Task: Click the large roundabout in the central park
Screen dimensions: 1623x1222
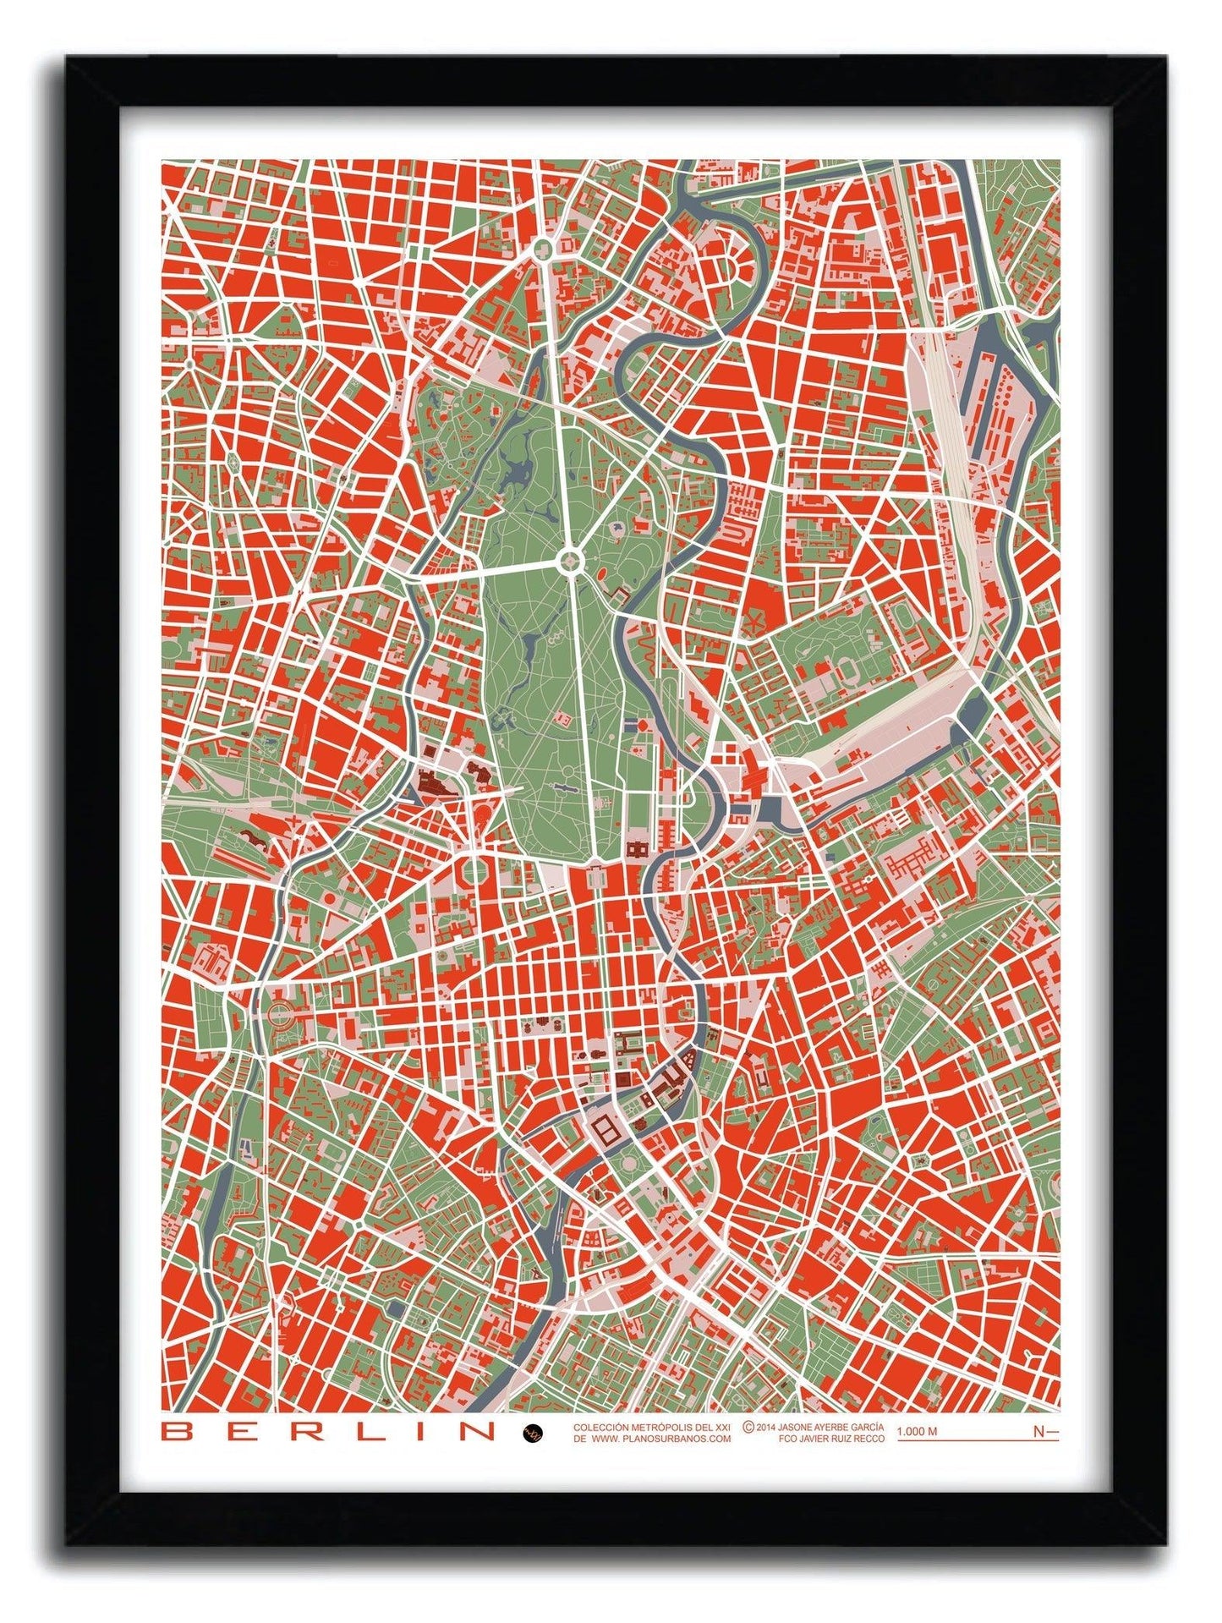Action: [570, 558]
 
